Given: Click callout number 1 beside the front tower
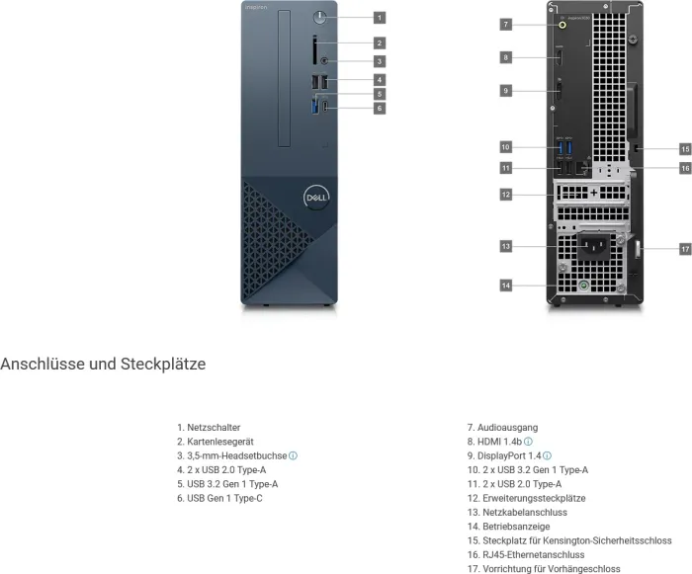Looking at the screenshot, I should point(380,17).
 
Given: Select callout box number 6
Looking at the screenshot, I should point(380,108).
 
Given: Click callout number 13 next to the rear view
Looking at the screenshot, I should point(505,245).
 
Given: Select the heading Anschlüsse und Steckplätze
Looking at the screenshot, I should point(103,364).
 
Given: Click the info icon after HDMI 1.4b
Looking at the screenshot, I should point(529,442).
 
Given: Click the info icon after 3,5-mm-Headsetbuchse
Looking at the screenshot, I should point(294,455).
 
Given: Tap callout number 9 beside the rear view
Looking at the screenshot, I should point(505,91).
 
